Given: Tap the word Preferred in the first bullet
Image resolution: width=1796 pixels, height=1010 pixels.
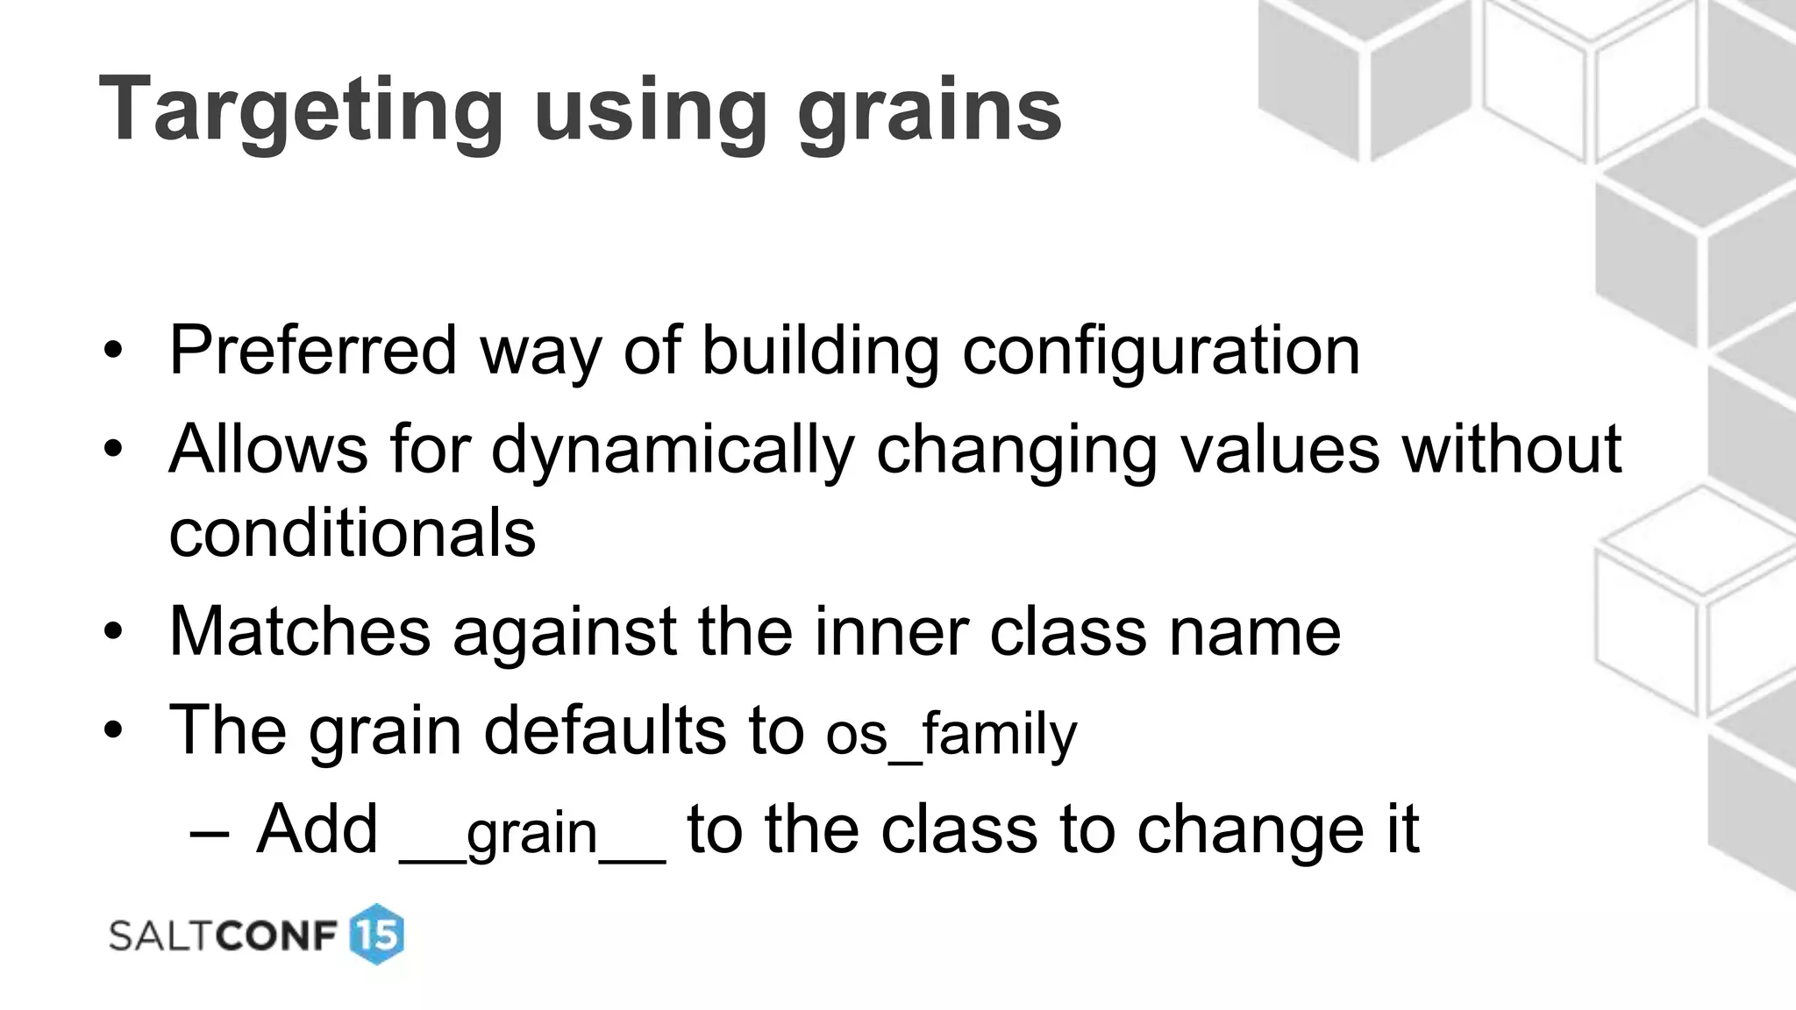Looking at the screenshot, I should point(313,351).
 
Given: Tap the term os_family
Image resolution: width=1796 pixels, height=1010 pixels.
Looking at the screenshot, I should point(951,734).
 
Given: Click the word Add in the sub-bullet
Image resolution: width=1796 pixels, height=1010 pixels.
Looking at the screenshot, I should point(317,829).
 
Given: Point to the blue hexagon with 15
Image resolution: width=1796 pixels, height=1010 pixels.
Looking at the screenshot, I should point(377,935).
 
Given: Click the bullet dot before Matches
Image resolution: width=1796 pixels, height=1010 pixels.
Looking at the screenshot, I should point(112,633).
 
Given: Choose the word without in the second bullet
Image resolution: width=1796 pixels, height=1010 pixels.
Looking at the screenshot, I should point(1512,449).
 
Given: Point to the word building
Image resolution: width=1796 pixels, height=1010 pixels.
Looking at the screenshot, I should point(821,351).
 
